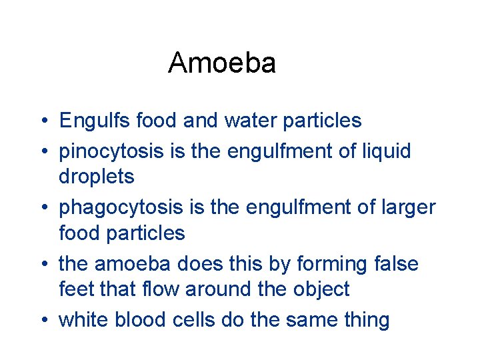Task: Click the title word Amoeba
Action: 222,63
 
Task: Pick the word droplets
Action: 97,177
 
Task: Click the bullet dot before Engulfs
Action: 42,122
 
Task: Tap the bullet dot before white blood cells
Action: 42,321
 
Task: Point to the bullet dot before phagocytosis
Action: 42,209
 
